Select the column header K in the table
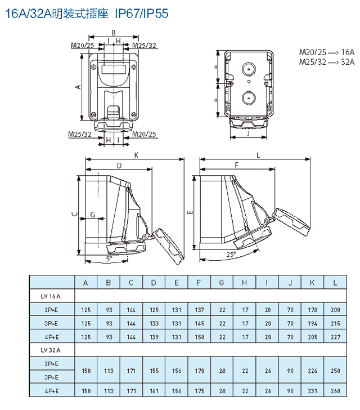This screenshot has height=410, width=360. click(x=313, y=283)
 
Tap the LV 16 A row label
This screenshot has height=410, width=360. click(x=52, y=296)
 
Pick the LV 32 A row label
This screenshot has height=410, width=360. click(x=52, y=350)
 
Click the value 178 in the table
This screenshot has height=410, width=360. click(x=313, y=309)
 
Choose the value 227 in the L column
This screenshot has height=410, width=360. click(x=335, y=336)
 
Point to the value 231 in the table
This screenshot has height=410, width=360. click(x=313, y=391)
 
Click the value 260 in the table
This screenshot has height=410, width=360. click(x=335, y=391)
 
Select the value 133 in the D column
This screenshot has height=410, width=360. click(x=154, y=323)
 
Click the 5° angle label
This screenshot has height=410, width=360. click(x=109, y=258)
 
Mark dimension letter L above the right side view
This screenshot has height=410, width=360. click(x=258, y=154)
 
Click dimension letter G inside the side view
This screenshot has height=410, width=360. click(x=93, y=215)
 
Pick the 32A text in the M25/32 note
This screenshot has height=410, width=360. click(x=348, y=61)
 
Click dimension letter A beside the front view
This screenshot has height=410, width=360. click(x=79, y=86)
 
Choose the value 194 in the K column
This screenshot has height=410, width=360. click(x=313, y=323)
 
